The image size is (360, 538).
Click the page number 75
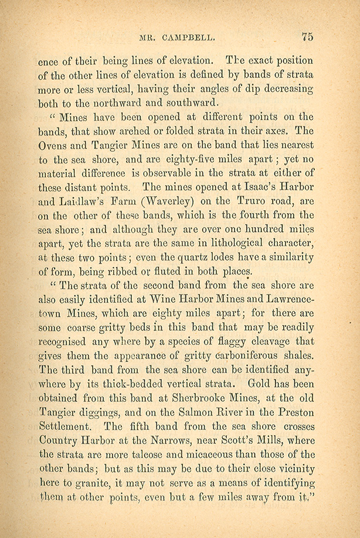click(307, 36)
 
